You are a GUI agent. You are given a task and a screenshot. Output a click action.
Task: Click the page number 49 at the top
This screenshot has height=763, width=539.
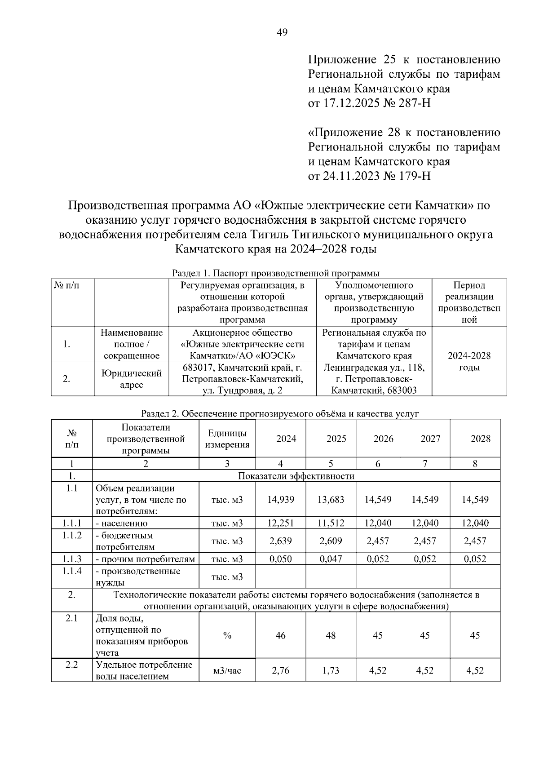click(x=282, y=32)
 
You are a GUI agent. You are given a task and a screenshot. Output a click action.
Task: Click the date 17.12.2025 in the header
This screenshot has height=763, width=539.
click(x=350, y=103)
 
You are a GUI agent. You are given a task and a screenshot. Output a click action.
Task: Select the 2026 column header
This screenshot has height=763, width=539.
click(x=383, y=439)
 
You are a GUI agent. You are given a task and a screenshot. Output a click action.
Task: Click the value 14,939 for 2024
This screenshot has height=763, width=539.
click(x=280, y=499)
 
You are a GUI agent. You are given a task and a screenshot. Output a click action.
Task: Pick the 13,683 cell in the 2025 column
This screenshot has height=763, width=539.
click(x=331, y=499)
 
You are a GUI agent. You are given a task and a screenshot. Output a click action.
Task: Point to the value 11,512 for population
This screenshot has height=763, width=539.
click(x=331, y=523)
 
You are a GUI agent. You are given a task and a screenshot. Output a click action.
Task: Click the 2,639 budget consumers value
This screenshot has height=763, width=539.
click(x=280, y=541)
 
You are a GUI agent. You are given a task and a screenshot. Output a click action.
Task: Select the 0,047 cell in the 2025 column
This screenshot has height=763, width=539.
click(x=331, y=559)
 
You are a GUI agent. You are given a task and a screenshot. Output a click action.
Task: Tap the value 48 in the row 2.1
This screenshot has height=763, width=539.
click(x=331, y=635)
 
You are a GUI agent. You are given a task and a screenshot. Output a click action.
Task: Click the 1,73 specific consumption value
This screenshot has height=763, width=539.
click(x=331, y=670)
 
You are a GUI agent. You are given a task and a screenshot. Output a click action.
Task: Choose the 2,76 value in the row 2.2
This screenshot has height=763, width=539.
click(x=280, y=670)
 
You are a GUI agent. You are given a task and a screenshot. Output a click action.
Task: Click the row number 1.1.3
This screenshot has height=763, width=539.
click(x=72, y=559)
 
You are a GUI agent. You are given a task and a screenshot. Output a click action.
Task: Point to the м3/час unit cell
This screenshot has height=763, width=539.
click(x=227, y=670)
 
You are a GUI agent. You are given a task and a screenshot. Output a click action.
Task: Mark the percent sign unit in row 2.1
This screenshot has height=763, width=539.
click(x=227, y=635)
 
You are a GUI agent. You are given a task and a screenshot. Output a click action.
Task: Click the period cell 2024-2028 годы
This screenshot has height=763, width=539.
click(x=469, y=362)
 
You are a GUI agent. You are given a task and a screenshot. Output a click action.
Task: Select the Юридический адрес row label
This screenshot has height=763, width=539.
click(x=131, y=379)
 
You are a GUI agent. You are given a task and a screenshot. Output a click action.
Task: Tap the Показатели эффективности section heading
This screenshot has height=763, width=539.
click(x=296, y=476)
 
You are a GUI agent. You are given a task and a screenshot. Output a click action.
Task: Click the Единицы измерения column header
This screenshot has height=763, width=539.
click(x=227, y=439)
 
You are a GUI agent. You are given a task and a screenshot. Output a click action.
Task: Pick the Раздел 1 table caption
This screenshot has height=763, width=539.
click(x=276, y=273)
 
